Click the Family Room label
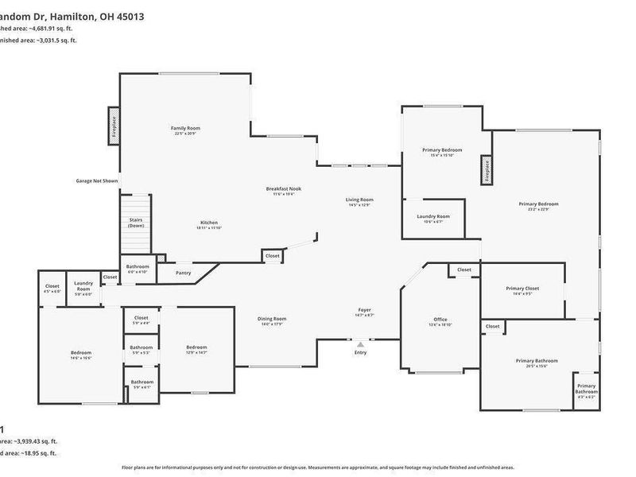[x=185, y=128]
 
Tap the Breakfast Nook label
[x=283, y=188]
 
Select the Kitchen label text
[x=209, y=223]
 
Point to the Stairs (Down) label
[x=136, y=223]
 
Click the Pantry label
[x=184, y=272]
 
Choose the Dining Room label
[x=270, y=320]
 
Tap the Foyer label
[x=365, y=310]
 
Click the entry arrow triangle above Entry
[x=360, y=344]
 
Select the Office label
[x=440, y=320]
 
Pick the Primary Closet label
[x=522, y=289]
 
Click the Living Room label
[x=359, y=200]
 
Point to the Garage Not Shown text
[x=97, y=180]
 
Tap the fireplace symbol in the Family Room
[x=113, y=128]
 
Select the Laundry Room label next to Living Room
[x=433, y=216]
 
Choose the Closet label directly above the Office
[x=464, y=270]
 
